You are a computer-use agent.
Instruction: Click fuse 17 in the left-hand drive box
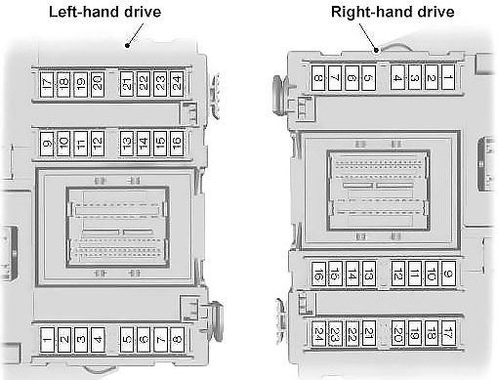click(47, 84)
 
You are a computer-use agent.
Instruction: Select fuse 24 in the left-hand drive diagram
click(177, 84)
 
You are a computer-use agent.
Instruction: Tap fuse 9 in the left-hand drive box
click(47, 144)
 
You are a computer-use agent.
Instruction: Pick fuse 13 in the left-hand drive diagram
click(127, 144)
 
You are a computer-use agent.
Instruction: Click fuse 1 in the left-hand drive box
click(47, 340)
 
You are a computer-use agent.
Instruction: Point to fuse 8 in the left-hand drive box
click(177, 340)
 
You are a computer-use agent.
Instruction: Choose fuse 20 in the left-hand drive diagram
click(98, 84)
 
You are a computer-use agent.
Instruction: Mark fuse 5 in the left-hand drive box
click(127, 340)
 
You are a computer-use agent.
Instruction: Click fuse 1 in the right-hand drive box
click(448, 77)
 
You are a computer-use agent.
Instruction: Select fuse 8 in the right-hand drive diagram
click(318, 78)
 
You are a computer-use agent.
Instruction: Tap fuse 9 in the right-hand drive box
click(448, 274)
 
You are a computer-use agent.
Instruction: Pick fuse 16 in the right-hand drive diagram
click(318, 274)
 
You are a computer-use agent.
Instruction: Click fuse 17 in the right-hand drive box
click(448, 333)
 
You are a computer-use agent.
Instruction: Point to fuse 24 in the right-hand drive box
click(318, 334)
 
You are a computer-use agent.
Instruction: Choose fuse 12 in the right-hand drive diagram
click(397, 274)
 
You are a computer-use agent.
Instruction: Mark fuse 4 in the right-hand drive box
click(397, 77)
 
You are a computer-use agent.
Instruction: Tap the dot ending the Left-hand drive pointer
click(128, 46)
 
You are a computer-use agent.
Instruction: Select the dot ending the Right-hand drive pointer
click(376, 50)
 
